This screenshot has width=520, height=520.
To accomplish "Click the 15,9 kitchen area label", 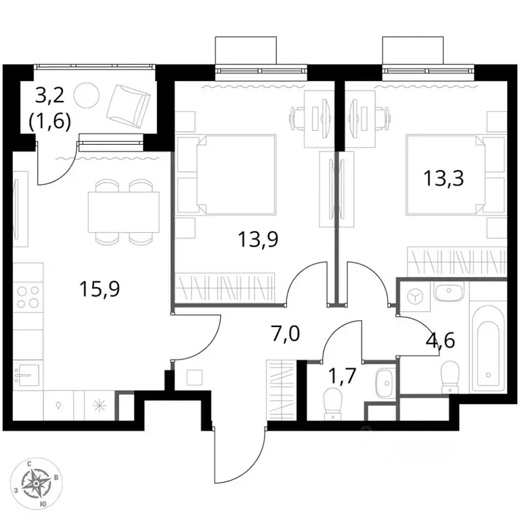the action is point(100,289).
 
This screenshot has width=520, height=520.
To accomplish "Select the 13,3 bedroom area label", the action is point(443,179).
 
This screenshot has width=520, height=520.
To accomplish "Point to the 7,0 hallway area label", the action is point(286,334).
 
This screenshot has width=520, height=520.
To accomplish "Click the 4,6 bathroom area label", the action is point(440,341).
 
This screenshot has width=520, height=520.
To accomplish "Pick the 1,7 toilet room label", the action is point(341,376).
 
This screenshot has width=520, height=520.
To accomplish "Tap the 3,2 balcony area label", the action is point(49,97).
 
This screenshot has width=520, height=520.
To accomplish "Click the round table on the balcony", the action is point(86,95).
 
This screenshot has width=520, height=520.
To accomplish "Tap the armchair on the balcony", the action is point(128,106).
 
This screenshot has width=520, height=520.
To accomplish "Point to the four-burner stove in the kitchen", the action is point(28,297).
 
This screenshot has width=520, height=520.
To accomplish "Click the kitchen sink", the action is point(26,374).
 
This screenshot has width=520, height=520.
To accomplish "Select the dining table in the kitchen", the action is point(123,212).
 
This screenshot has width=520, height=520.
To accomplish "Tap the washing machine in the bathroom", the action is point(416,297).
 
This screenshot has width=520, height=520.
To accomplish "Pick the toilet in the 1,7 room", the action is point(333,404).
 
